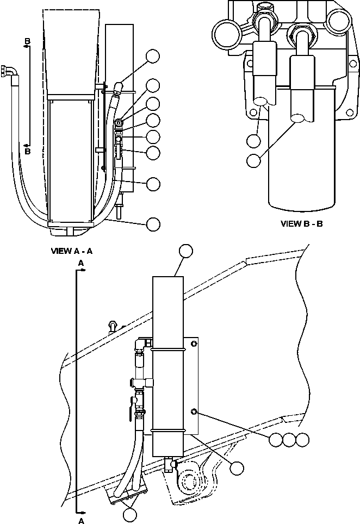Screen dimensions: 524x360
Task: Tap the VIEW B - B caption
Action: (x=301, y=223)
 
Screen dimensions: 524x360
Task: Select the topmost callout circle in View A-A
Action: (x=153, y=56)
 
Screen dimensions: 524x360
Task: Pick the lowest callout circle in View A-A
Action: (x=153, y=223)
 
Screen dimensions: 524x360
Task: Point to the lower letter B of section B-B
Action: (x=27, y=152)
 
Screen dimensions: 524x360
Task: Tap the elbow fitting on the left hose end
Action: (x=10, y=71)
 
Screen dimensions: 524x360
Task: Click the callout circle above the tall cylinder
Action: (x=186, y=250)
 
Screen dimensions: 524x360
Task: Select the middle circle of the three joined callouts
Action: (x=289, y=440)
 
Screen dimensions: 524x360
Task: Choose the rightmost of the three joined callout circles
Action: (x=302, y=440)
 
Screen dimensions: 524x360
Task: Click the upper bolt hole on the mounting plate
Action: (x=194, y=344)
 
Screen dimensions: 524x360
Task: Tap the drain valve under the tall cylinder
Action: (x=170, y=464)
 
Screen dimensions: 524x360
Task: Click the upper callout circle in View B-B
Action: (x=253, y=140)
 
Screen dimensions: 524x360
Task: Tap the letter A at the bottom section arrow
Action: (x=81, y=520)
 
